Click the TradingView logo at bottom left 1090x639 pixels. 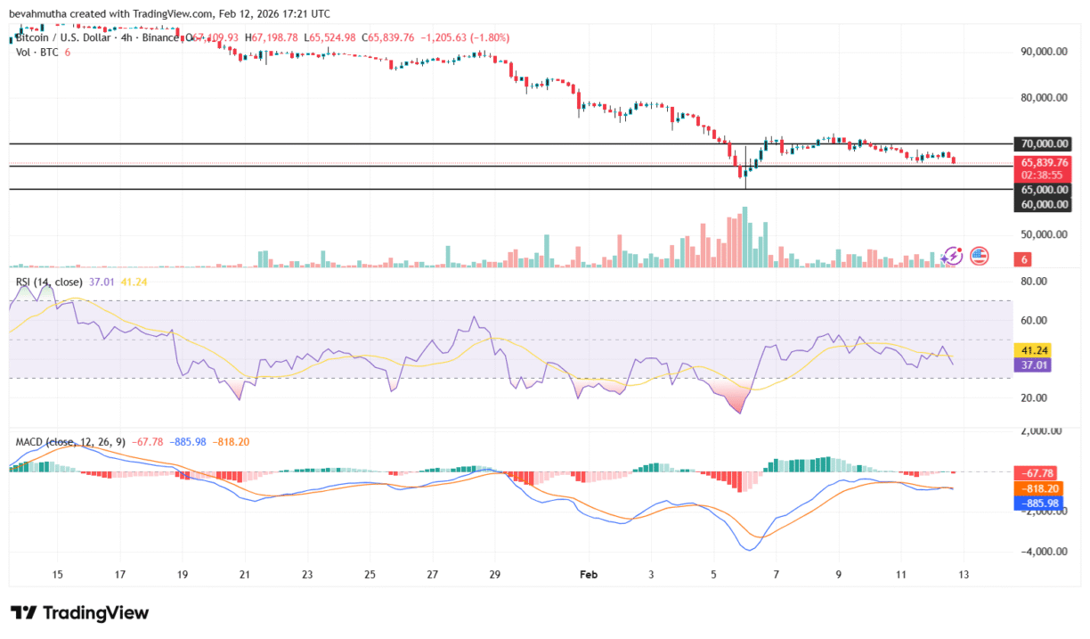coord(79,613)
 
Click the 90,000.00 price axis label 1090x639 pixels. coord(1044,52)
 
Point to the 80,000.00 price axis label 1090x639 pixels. coord(1044,98)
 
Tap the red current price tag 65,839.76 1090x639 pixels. coord(1041,163)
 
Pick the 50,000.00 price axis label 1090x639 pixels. coord(1044,234)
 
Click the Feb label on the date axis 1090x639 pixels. coord(588,575)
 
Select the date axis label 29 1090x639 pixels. coord(495,575)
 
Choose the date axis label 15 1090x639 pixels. coord(58,575)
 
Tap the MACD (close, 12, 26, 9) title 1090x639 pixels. coord(70,442)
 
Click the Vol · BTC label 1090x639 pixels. coord(37,53)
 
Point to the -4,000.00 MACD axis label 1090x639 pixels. coord(1042,552)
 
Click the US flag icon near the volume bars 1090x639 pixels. coord(979,256)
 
